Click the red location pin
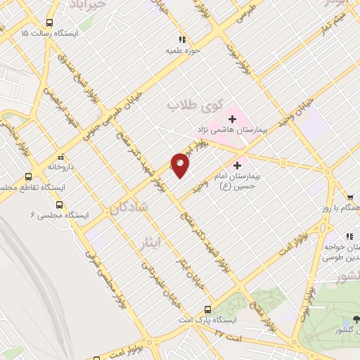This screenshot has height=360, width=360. click(x=180, y=165)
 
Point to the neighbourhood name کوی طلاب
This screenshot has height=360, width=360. click(x=193, y=105)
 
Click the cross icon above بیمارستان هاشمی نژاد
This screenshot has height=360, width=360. click(x=233, y=119)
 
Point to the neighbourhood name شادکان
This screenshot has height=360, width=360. click(x=129, y=207)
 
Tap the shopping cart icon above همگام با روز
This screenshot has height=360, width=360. click(x=349, y=198)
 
